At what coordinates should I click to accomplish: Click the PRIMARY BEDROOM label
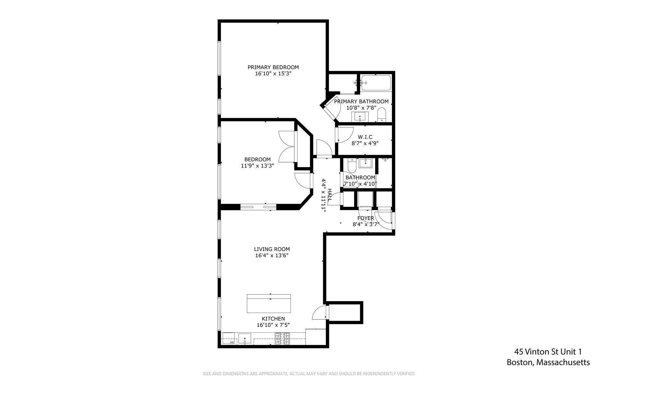click(x=273, y=67)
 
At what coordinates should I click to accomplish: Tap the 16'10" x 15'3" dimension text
click(x=273, y=74)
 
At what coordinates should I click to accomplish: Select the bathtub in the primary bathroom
click(x=376, y=83)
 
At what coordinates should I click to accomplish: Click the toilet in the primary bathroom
click(x=381, y=115)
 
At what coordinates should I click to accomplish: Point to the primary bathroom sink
click(x=360, y=116)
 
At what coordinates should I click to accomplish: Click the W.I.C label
click(x=365, y=137)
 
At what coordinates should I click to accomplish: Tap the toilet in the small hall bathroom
click(x=352, y=165)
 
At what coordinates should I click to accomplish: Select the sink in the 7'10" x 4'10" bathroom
click(x=365, y=163)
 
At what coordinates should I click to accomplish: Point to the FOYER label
click(x=366, y=218)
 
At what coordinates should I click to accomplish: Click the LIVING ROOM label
click(x=272, y=249)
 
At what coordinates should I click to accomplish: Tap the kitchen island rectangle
click(x=269, y=304)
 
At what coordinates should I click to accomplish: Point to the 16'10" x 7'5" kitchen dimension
click(x=273, y=325)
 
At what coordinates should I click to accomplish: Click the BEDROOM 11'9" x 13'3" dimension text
click(x=257, y=166)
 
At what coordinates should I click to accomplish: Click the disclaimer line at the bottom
click(x=309, y=374)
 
